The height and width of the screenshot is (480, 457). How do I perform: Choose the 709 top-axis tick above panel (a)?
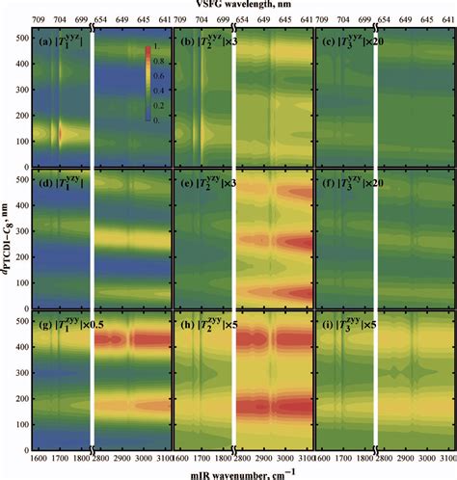[37, 19]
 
